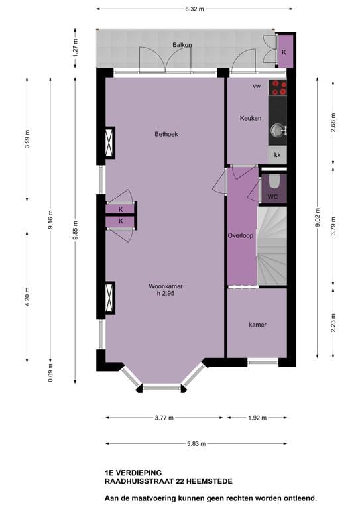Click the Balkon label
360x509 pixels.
click(x=182, y=45)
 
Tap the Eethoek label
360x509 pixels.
click(x=166, y=134)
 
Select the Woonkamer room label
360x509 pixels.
click(x=166, y=286)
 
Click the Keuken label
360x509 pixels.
click(x=251, y=118)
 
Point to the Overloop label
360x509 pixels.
click(x=241, y=235)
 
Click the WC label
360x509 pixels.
click(x=272, y=198)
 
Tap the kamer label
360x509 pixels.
click(x=258, y=325)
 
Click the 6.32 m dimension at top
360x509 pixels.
click(x=194, y=9)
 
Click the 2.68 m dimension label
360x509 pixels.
click(x=332, y=123)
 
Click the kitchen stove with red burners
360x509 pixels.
click(x=278, y=88)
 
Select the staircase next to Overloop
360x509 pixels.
click(x=272, y=245)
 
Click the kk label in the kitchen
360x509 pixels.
click(x=278, y=154)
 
